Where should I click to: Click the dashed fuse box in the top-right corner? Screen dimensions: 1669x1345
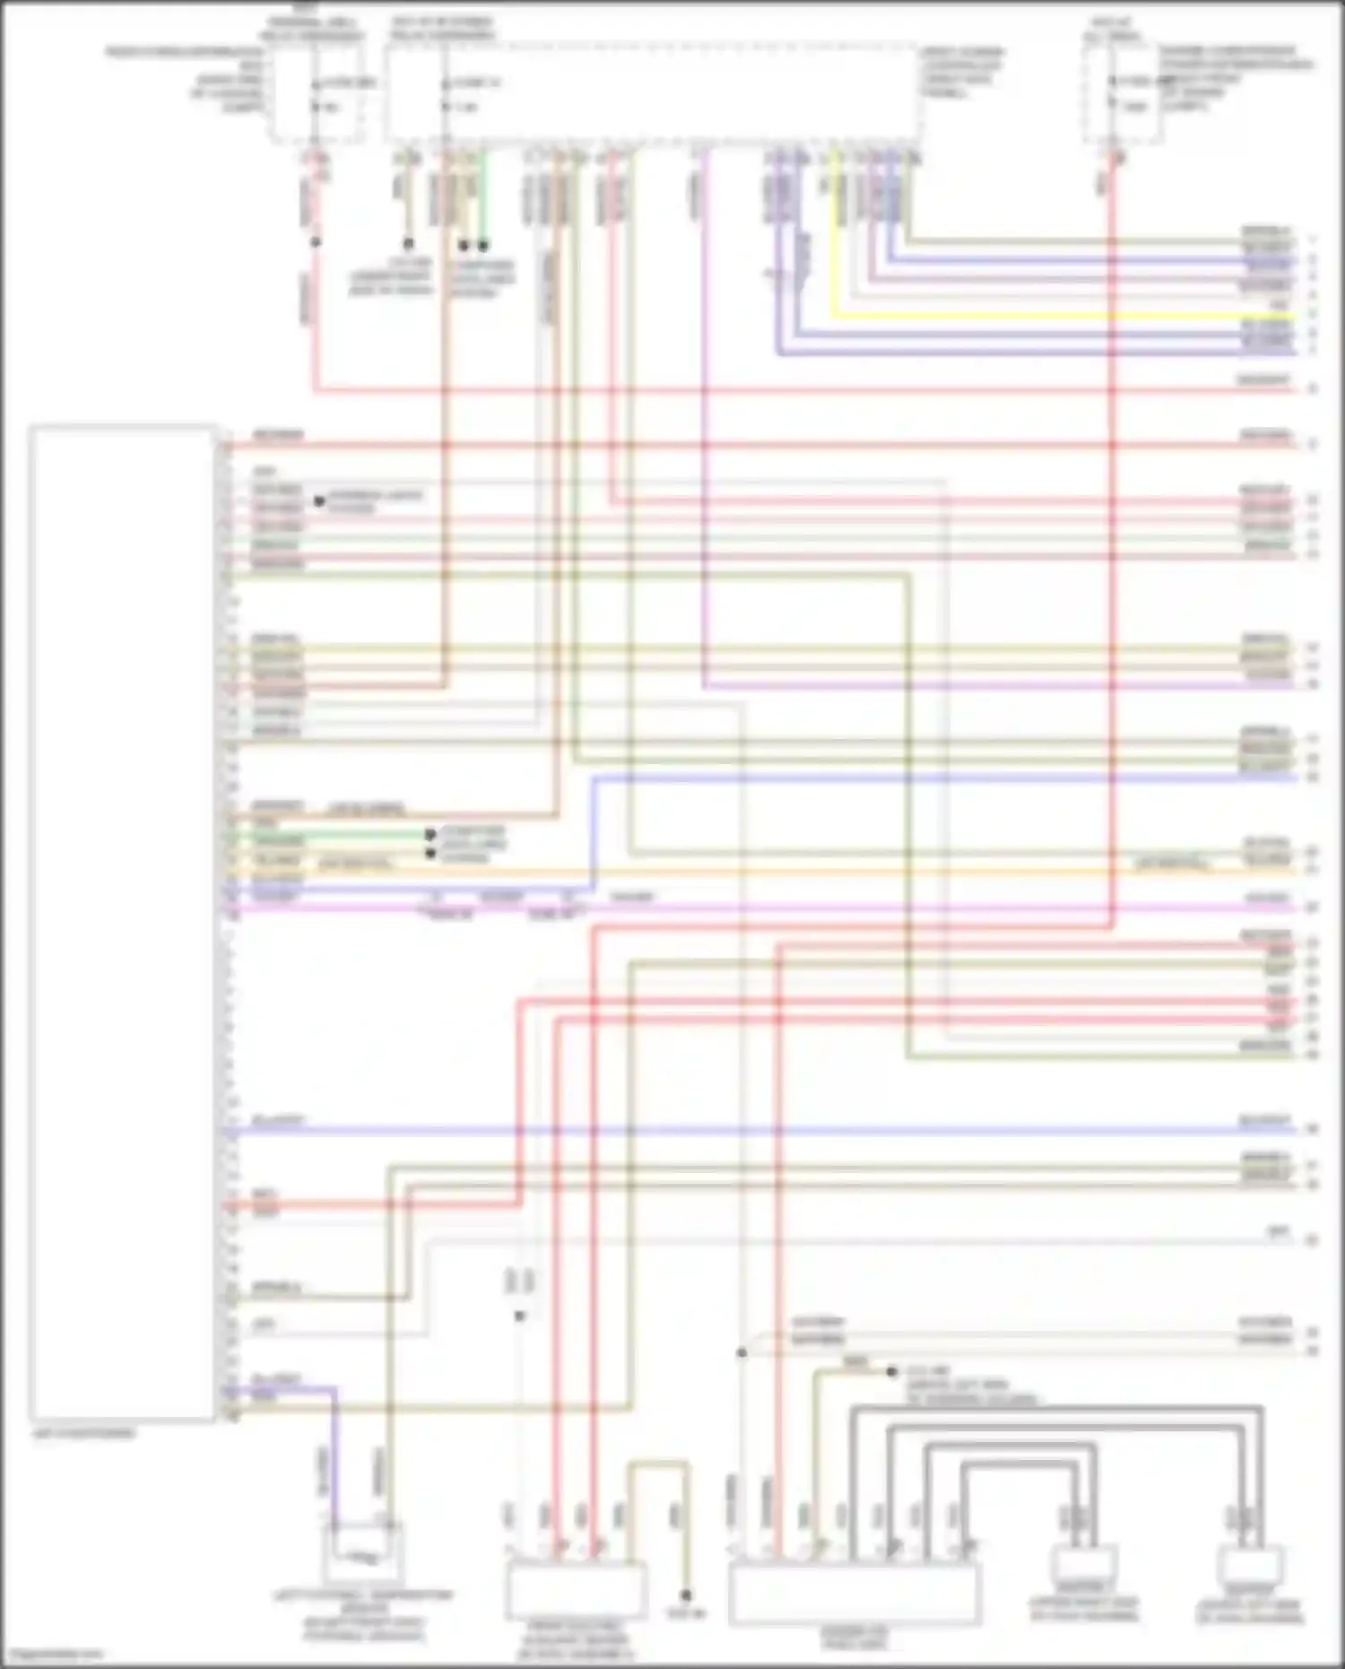pyautogui.click(x=1123, y=94)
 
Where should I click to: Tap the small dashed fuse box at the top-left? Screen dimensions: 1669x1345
pyautogui.click(x=318, y=94)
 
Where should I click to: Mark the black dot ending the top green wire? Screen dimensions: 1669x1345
pyautogui.click(x=483, y=245)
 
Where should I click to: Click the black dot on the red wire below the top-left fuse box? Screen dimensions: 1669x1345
pyautogui.click(x=316, y=242)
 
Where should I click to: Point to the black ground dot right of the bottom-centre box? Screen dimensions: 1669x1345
pyautogui.click(x=686, y=1595)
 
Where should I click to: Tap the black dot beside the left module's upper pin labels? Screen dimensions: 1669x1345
pyautogui.click(x=319, y=501)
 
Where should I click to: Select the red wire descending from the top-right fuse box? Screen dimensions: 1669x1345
pyautogui.click(x=1112, y=538)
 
